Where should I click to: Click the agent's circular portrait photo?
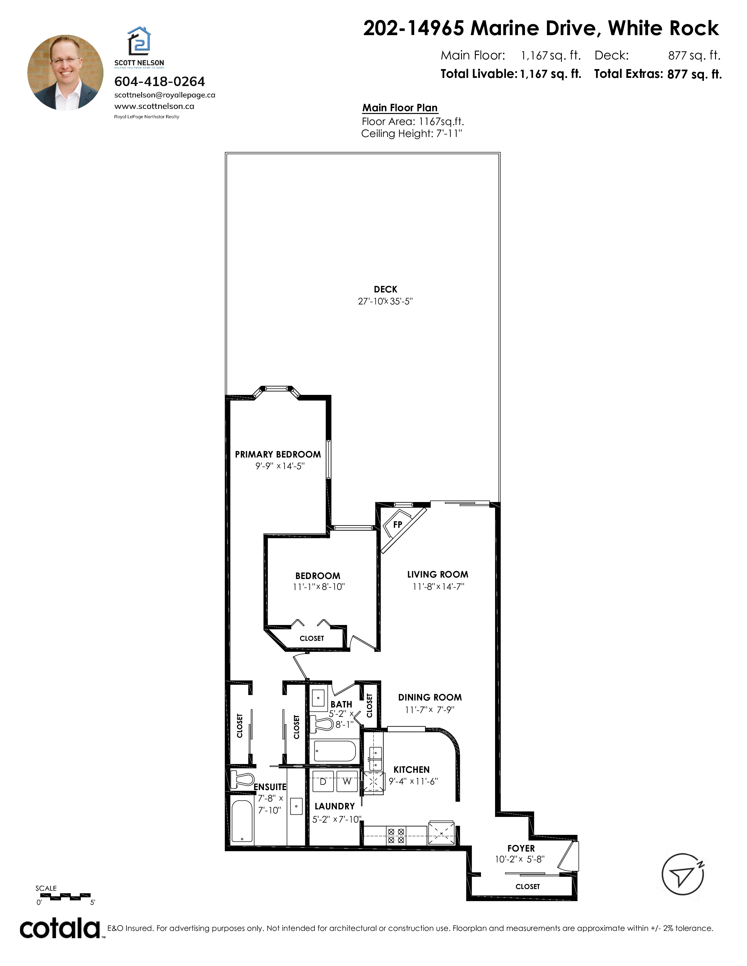[x=66, y=73]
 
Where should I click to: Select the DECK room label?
[x=386, y=289]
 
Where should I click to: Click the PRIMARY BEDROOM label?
[x=278, y=454]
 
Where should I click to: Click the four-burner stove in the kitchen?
[x=396, y=836]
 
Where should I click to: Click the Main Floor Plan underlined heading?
[x=400, y=108]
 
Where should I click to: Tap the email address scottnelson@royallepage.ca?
[x=165, y=95]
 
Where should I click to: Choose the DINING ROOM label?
[x=430, y=698]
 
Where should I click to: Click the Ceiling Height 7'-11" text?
[x=412, y=133]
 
